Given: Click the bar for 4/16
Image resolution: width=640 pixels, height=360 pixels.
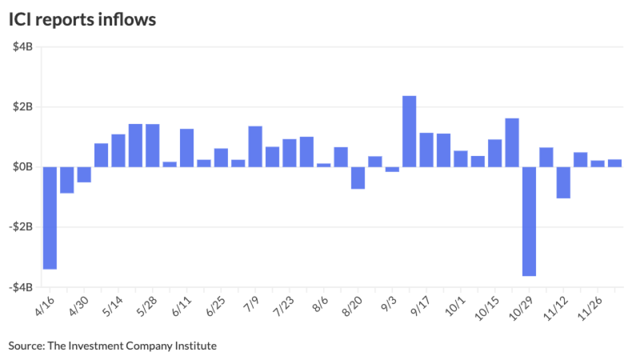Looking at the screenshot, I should (x=49, y=218).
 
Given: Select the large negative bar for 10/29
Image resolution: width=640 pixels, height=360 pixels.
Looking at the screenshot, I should (x=529, y=221).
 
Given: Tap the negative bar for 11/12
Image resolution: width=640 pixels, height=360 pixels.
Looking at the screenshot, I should (x=563, y=182).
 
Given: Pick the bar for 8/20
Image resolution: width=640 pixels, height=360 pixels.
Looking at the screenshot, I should (x=358, y=178).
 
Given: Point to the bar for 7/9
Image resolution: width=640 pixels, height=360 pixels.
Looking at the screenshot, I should (x=255, y=146).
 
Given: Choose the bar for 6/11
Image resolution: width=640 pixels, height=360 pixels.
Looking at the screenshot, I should (x=187, y=148).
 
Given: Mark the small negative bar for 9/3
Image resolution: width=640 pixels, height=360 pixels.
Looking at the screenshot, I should (x=392, y=169).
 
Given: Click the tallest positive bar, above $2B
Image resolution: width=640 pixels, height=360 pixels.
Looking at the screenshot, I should (x=409, y=131).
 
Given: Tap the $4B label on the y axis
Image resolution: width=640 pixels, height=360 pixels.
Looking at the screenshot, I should (x=23, y=47).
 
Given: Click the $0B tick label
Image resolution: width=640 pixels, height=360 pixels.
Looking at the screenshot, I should (x=23, y=167).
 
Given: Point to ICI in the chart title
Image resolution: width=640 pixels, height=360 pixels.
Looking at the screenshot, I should (x=18, y=19).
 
